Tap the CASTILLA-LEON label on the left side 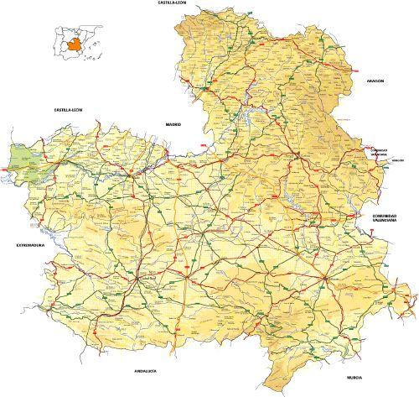69,109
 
